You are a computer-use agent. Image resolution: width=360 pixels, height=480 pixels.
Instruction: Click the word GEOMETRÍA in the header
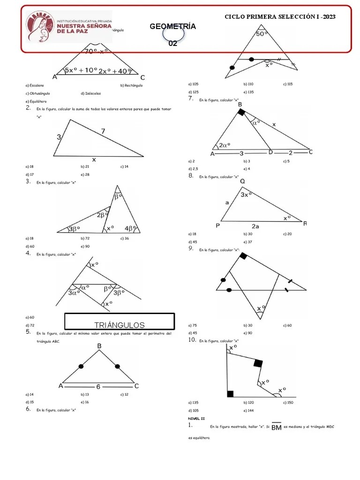(172, 26)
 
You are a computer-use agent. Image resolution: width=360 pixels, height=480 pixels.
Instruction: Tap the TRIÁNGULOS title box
(120, 325)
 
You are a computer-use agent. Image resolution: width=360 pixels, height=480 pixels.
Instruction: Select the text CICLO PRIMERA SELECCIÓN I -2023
(280, 16)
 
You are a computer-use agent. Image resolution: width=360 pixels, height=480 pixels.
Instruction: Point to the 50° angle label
(262, 34)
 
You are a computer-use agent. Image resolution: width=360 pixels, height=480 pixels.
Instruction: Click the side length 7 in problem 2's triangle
(103, 132)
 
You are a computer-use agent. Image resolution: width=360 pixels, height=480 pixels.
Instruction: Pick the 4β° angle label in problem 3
(131, 229)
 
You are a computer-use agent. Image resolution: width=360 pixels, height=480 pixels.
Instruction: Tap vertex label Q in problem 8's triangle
(242, 182)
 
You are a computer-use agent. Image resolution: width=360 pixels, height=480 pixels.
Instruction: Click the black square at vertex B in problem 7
(241, 112)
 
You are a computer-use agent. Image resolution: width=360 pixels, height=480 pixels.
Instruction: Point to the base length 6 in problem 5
(98, 387)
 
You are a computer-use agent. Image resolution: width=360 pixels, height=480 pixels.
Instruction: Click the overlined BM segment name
(276, 427)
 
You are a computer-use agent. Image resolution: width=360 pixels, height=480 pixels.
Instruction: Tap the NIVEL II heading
(196, 418)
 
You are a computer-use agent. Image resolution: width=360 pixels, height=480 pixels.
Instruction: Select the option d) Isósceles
(90, 93)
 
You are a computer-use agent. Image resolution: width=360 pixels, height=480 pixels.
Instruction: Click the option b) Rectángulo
(131, 85)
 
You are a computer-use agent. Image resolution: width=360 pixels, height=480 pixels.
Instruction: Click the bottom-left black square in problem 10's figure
(230, 393)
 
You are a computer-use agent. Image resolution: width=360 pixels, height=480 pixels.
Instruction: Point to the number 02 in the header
(172, 44)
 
